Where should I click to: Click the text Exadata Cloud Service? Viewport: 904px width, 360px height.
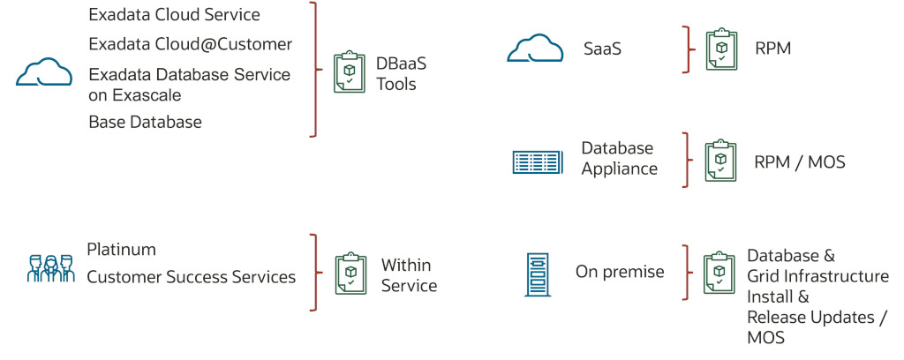[x=175, y=15]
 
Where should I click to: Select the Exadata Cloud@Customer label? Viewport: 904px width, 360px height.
[x=190, y=44]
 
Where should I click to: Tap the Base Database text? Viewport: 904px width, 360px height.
[x=145, y=122]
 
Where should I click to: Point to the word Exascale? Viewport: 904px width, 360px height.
[x=147, y=95]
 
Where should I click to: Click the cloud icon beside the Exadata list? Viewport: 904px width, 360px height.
[x=43, y=72]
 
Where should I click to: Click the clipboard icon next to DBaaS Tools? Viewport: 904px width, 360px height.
[x=349, y=73]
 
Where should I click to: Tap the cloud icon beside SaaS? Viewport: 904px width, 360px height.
[x=535, y=49]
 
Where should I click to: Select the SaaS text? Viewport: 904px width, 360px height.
[x=602, y=49]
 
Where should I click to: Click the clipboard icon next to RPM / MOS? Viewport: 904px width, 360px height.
[x=720, y=161]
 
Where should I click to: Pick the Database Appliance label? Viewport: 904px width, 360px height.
[x=619, y=158]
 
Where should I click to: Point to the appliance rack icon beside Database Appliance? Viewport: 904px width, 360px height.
[x=536, y=161]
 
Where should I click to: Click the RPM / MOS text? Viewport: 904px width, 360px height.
[x=800, y=161]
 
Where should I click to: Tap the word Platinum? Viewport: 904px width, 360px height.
[x=121, y=250]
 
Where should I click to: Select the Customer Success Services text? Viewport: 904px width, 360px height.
[x=191, y=277]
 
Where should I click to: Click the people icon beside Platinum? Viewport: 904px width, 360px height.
[x=51, y=268]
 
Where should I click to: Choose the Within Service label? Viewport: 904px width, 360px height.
[x=409, y=274]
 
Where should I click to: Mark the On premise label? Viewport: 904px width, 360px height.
[x=620, y=272]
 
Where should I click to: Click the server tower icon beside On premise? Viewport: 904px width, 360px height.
[x=537, y=274]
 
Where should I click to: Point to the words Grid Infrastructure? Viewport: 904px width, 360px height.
[x=817, y=276]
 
